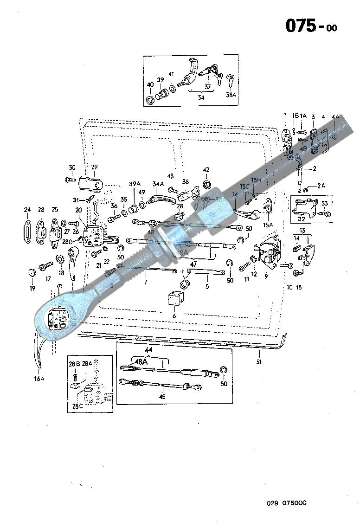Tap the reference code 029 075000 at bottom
(x=286, y=503)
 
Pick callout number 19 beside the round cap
(x=32, y=288)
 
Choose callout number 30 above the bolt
(x=71, y=167)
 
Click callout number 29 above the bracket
(x=94, y=167)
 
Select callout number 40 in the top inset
(x=150, y=85)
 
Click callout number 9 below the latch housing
(x=266, y=276)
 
